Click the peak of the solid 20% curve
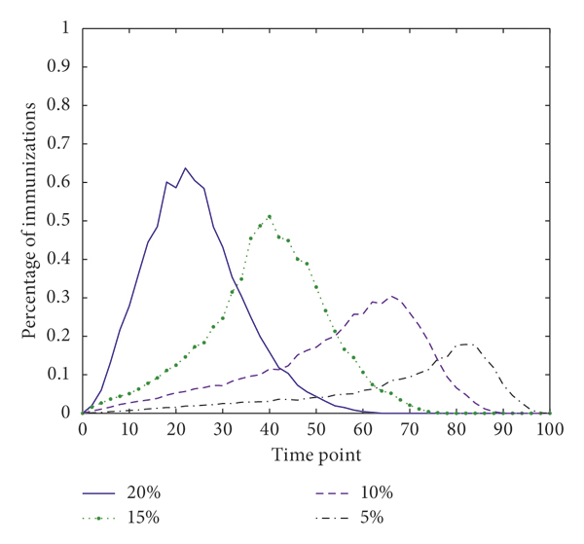[x=185, y=168]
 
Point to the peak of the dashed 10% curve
[x=391, y=296]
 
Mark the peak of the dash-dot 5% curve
[x=466, y=344]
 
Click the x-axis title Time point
[x=315, y=453]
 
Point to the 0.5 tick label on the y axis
[x=60, y=221]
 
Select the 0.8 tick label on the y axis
[x=60, y=106]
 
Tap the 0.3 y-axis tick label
[x=60, y=298]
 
